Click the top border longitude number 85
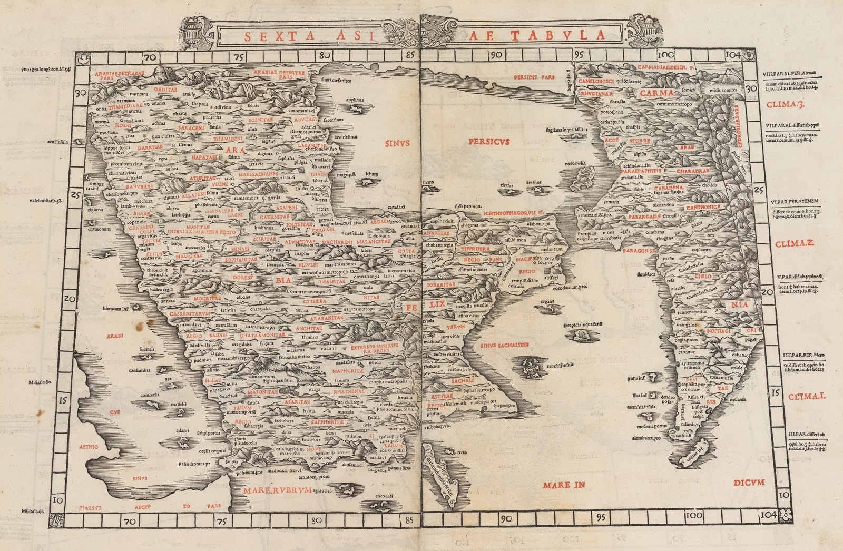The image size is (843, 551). click(x=410, y=55)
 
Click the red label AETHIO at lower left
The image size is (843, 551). click(x=89, y=447)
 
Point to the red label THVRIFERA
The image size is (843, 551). click(x=475, y=249)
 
